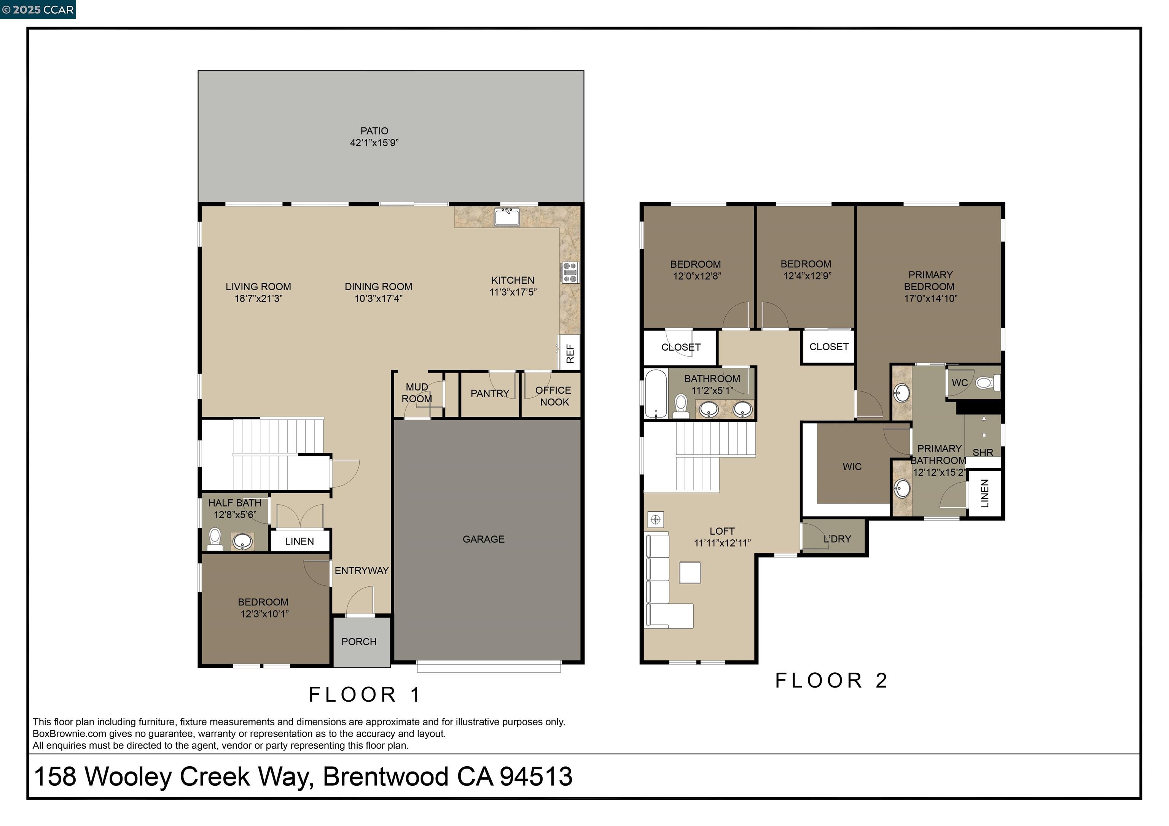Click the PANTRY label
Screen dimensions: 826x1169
pyautogui.click(x=490, y=393)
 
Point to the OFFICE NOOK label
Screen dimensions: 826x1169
pyautogui.click(x=553, y=396)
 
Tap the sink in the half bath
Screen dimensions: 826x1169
pyautogui.click(x=243, y=541)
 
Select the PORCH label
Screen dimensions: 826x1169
pyautogui.click(x=359, y=642)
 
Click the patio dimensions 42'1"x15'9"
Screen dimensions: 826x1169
pyautogui.click(x=374, y=143)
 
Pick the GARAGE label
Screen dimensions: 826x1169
pyautogui.click(x=484, y=539)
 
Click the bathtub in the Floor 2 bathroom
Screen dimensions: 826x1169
pyautogui.click(x=655, y=393)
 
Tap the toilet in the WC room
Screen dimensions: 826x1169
pyautogui.click(x=987, y=382)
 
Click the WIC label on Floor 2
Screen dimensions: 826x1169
pyautogui.click(x=852, y=467)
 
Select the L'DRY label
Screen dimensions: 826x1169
pyautogui.click(x=838, y=539)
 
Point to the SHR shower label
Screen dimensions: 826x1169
pyautogui.click(x=983, y=453)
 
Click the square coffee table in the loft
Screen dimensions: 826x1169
pyautogui.click(x=690, y=573)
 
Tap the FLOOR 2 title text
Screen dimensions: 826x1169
pyautogui.click(x=831, y=680)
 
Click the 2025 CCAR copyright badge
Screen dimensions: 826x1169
pyautogui.click(x=38, y=10)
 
